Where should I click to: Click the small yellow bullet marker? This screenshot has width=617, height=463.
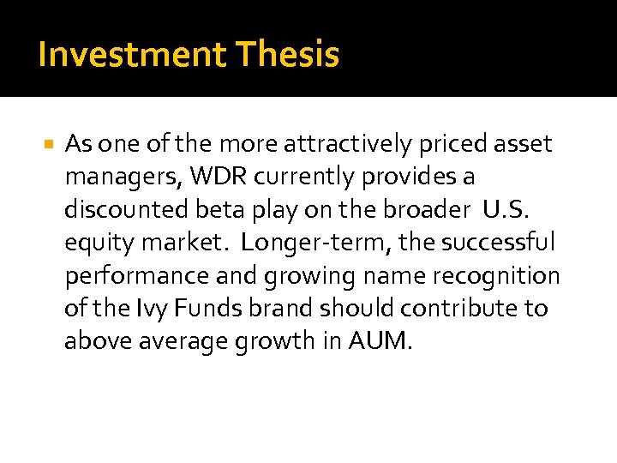pos(48,143)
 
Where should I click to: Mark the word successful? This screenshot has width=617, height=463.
pos(499,243)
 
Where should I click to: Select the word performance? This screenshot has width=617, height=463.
pos(131,276)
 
